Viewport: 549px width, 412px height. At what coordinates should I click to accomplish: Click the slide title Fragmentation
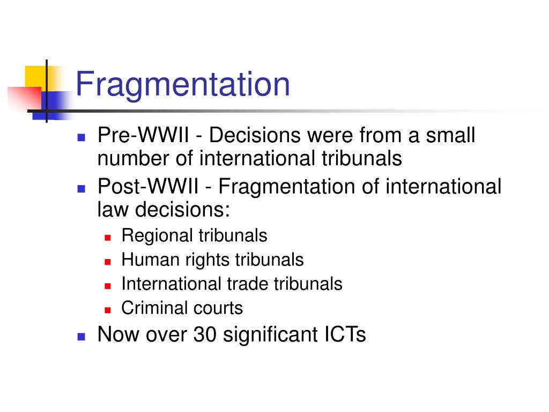[182, 85]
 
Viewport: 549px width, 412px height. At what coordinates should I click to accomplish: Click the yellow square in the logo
[35, 76]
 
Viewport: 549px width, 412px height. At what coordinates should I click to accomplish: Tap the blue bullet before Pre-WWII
[81, 137]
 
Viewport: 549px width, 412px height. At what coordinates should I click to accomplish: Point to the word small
[450, 136]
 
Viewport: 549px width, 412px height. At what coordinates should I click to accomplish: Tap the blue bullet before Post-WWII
[81, 189]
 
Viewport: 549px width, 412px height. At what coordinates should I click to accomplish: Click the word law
[113, 210]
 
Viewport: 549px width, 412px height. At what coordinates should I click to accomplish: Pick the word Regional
[157, 236]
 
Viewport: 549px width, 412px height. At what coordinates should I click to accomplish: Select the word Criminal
[152, 308]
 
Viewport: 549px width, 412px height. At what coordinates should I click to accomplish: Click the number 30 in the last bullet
[204, 335]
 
